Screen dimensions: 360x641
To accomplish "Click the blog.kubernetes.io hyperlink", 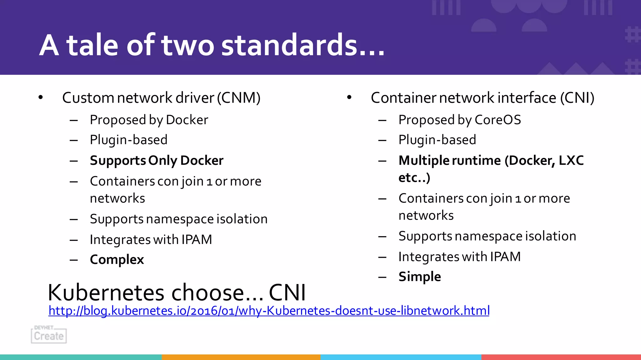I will [269, 311].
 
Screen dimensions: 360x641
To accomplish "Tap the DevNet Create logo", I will [49, 335].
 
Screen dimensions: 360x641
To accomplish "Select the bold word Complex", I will [117, 260].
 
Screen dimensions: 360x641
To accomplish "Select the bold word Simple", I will [419, 277].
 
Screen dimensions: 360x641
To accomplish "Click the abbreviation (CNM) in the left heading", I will [239, 98].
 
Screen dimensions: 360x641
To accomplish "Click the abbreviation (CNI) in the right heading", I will [577, 98].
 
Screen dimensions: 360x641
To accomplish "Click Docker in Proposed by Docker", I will [187, 120].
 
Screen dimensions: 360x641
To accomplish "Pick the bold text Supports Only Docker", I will [156, 161].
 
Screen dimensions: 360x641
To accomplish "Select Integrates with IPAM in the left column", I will [151, 240].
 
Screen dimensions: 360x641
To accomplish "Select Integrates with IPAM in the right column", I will [459, 257].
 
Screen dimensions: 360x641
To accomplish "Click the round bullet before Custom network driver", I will [40, 98].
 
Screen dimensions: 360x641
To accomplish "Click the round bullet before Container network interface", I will [349, 98].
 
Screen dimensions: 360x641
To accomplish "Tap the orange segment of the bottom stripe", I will [241, 357].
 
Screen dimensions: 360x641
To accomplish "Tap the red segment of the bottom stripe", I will [561, 357].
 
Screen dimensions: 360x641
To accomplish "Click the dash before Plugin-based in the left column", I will [74, 140].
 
